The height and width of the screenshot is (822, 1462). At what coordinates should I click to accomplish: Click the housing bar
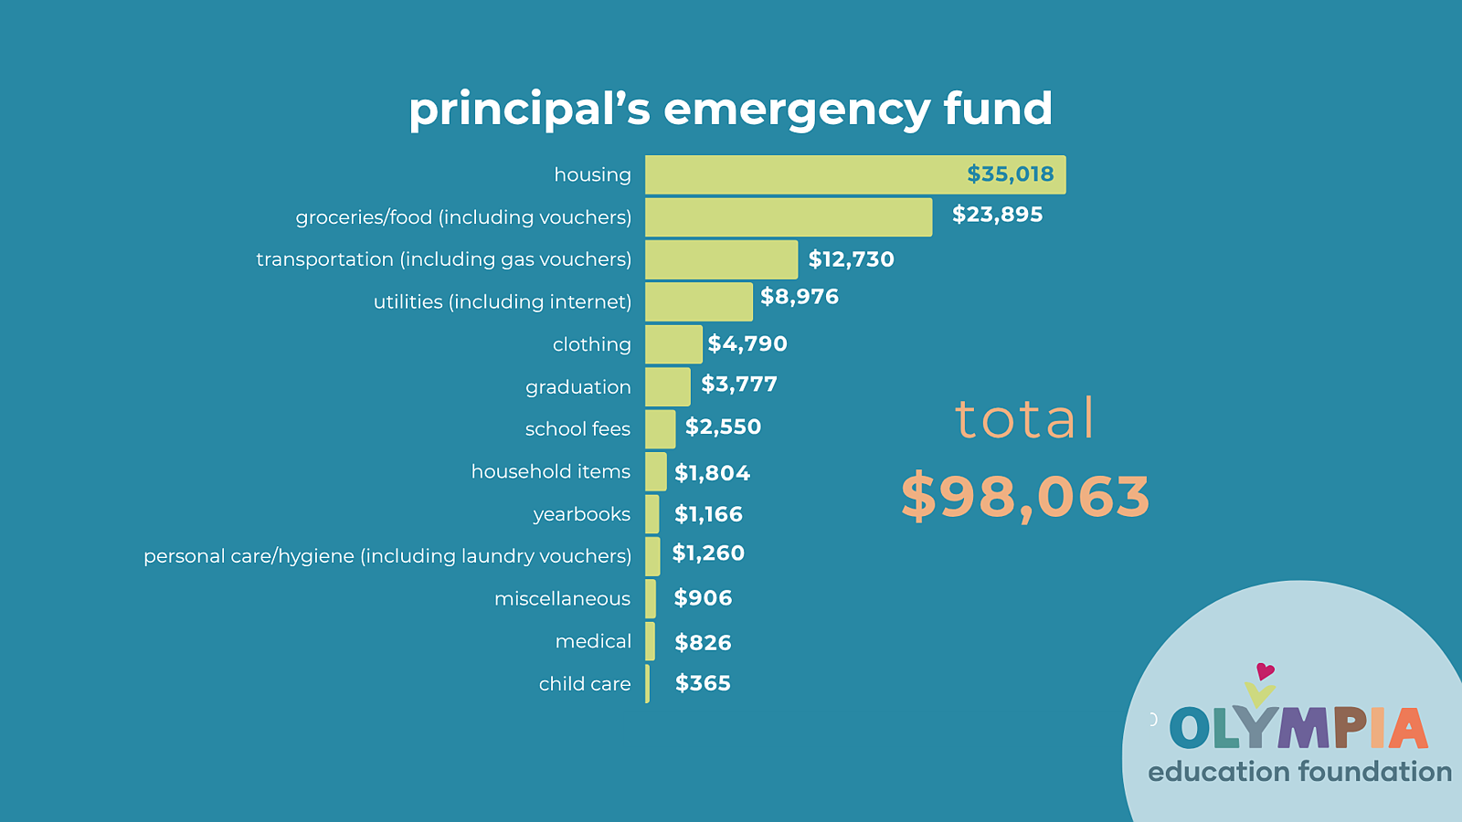click(804, 174)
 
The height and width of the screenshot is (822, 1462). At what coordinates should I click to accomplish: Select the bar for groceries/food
click(788, 217)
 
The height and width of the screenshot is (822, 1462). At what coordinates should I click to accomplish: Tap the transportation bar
click(721, 259)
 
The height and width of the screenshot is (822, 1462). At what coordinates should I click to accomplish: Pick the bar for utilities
click(698, 301)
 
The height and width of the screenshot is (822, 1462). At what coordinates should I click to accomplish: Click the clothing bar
click(673, 344)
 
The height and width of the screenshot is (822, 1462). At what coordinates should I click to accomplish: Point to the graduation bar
click(667, 387)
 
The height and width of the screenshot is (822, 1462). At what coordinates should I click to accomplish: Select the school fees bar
click(660, 429)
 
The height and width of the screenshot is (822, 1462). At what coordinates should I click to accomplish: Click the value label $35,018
click(1010, 174)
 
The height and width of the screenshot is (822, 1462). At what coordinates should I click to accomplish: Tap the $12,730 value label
click(851, 259)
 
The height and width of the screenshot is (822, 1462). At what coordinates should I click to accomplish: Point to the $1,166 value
click(708, 514)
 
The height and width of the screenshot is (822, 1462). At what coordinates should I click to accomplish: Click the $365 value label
click(703, 683)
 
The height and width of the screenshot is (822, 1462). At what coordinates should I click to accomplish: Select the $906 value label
click(703, 598)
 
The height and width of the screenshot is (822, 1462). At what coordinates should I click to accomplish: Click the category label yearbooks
click(582, 514)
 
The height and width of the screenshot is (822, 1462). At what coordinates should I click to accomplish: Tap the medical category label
click(593, 641)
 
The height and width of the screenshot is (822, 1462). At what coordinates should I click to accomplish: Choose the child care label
click(585, 684)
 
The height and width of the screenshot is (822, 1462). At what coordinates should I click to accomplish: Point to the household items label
click(551, 471)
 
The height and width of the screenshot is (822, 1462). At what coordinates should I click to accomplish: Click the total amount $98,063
click(1025, 497)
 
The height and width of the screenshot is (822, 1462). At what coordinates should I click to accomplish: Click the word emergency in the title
click(796, 110)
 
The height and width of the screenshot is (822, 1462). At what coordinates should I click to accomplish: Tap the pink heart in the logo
click(1266, 672)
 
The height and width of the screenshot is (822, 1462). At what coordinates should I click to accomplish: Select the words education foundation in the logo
click(1299, 772)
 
